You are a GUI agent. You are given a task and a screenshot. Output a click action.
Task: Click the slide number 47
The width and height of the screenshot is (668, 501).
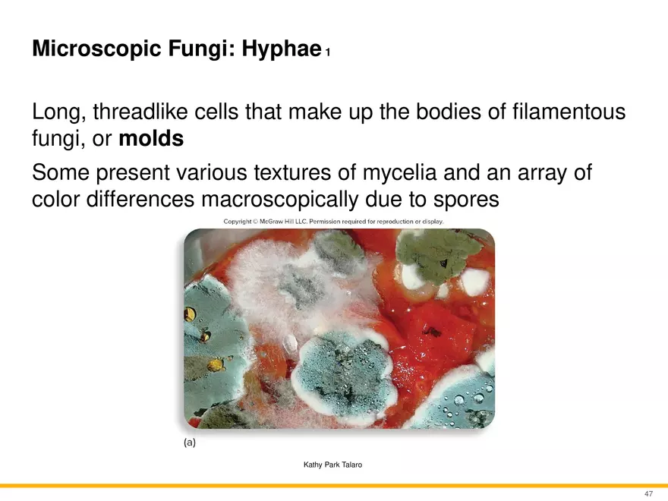pos(648,493)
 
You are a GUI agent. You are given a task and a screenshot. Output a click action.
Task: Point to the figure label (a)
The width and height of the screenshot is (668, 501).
pos(190,443)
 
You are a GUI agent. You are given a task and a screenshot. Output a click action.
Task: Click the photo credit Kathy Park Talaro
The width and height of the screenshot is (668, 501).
pos(332,465)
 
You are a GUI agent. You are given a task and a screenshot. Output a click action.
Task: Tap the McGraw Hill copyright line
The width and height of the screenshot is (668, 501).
pos(333,222)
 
